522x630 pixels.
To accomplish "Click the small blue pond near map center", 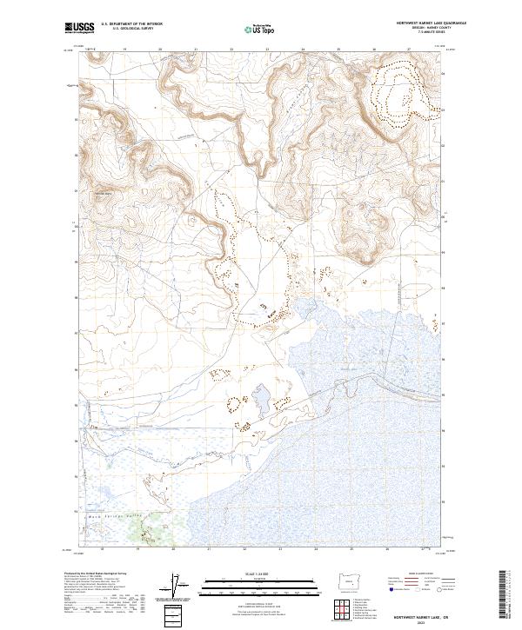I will (x=259, y=401).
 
